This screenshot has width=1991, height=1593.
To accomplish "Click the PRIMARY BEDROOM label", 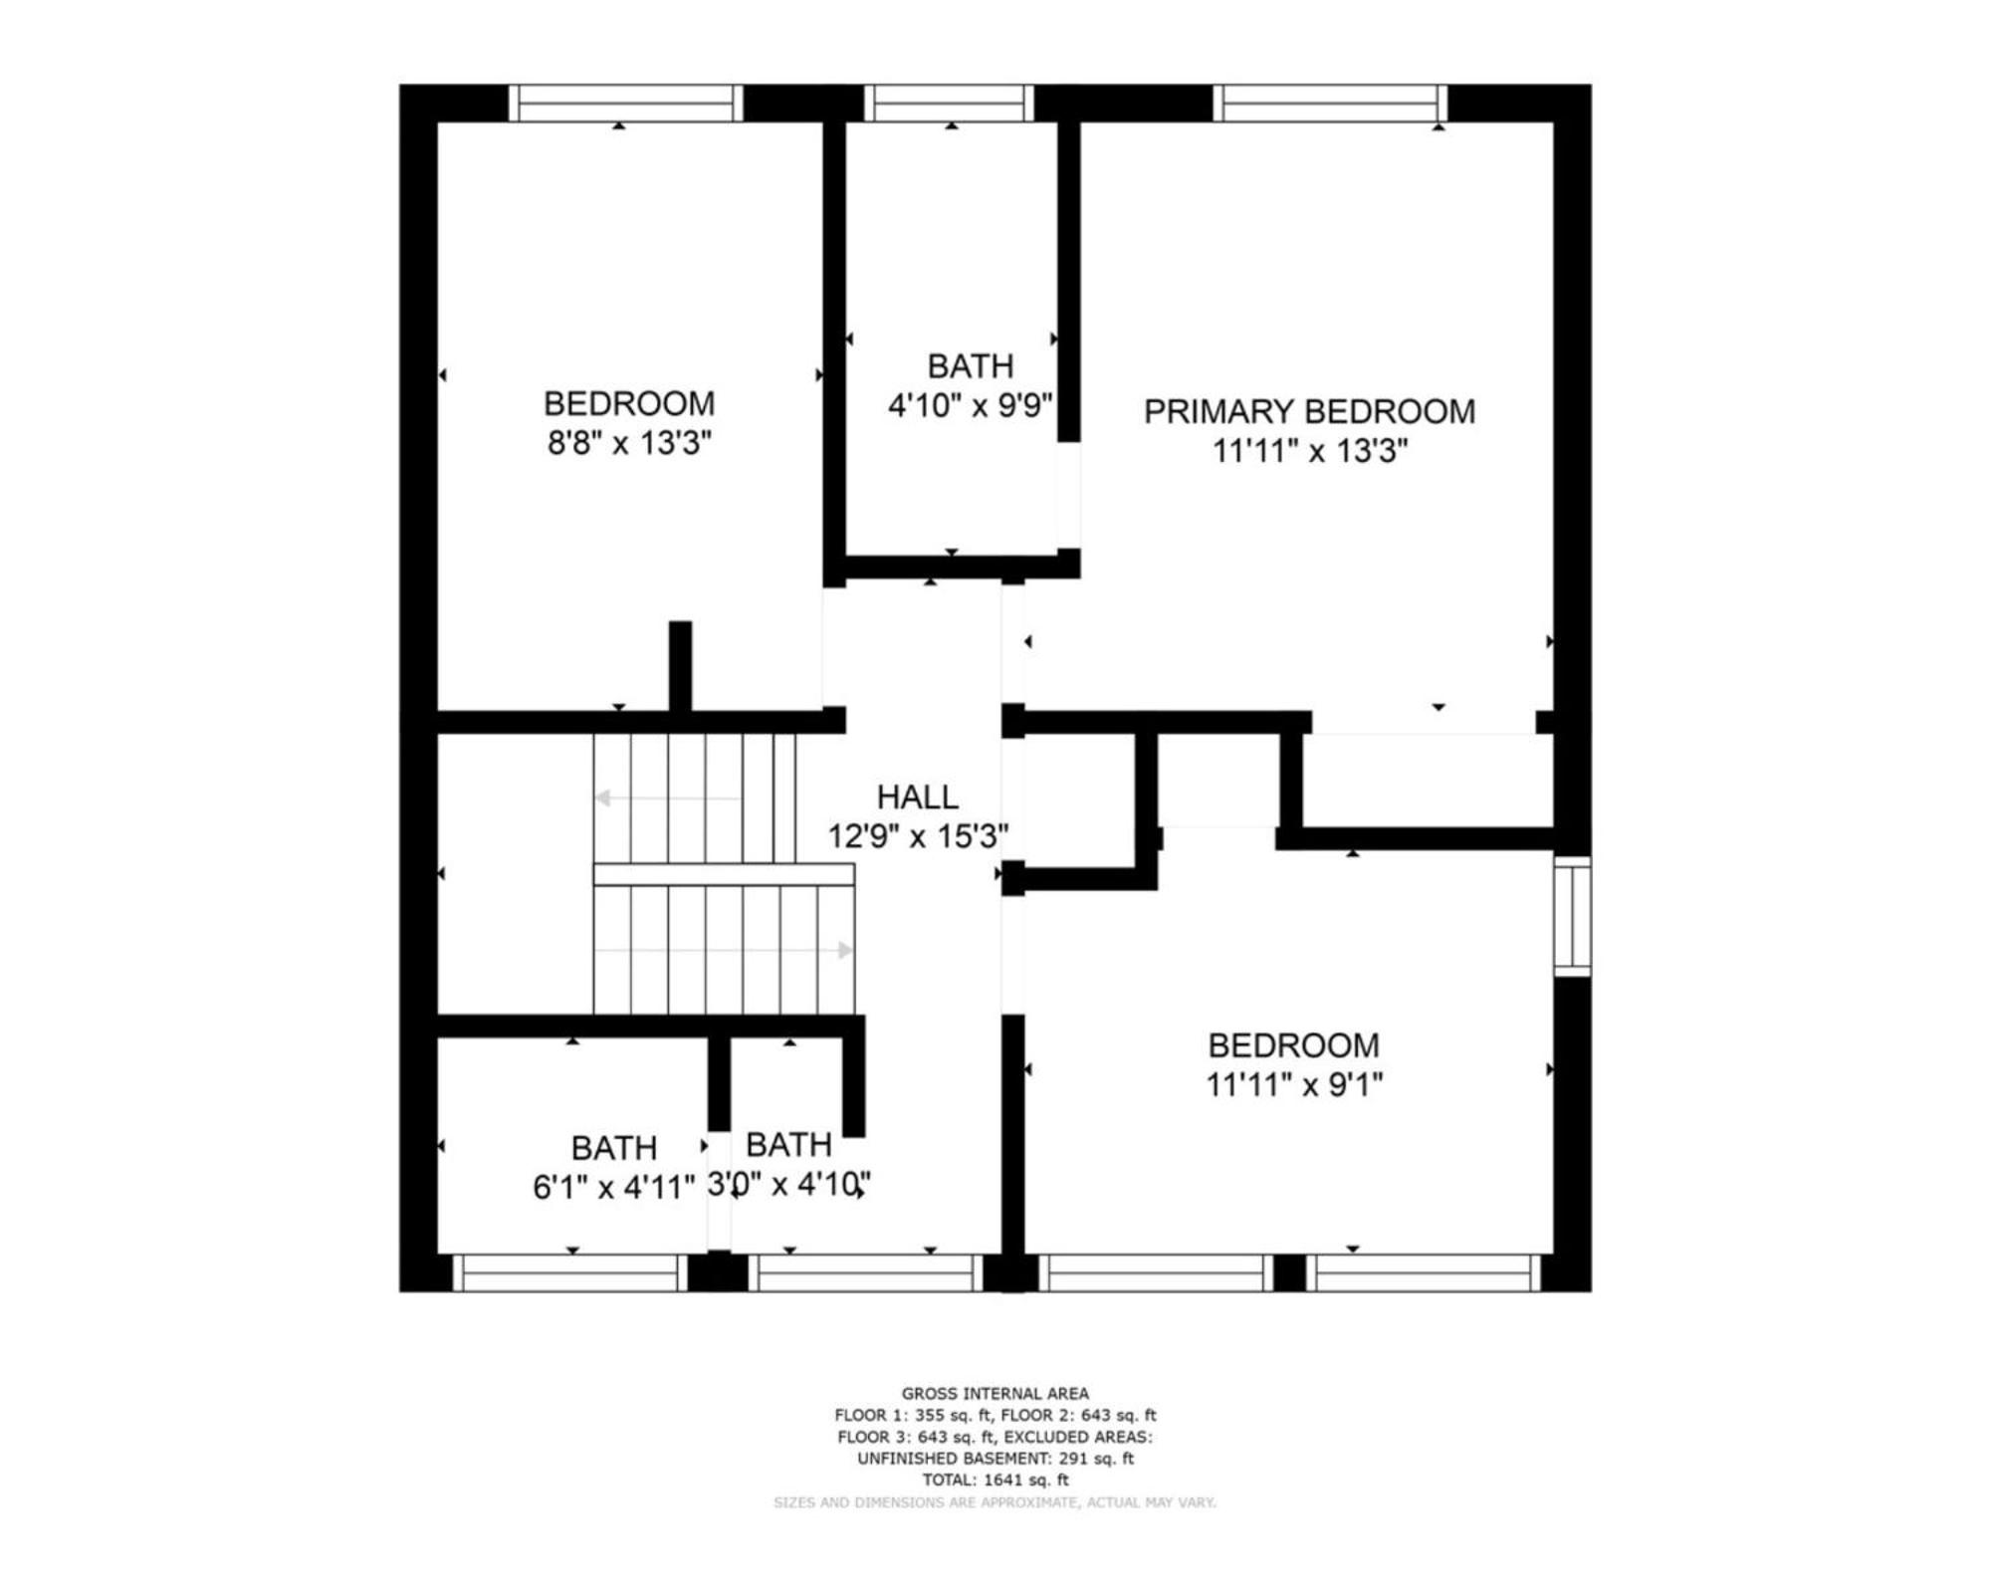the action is pyautogui.click(x=1309, y=411).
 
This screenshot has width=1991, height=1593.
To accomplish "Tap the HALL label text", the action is pyautogui.click(x=918, y=796).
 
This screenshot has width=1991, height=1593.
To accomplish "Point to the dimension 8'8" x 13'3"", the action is pyautogui.click(x=629, y=443).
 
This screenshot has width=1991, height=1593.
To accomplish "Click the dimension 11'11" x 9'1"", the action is pyautogui.click(x=1294, y=1084).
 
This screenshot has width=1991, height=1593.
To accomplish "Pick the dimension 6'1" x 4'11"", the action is pyautogui.click(x=613, y=1187).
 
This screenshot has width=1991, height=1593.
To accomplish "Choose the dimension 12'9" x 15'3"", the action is pyautogui.click(x=918, y=836).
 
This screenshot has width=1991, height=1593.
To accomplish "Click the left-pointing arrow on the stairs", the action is pyautogui.click(x=668, y=798).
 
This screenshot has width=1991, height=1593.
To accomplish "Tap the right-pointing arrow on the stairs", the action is pyautogui.click(x=724, y=950).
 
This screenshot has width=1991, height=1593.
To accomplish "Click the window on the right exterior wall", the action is pyautogui.click(x=1573, y=916).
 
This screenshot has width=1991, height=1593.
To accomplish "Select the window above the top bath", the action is pyautogui.click(x=949, y=104).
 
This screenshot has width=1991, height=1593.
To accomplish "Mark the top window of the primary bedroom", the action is pyautogui.click(x=1330, y=104).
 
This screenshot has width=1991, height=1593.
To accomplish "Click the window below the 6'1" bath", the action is pyautogui.click(x=570, y=1272).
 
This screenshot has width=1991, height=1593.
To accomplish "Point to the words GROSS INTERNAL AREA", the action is pyautogui.click(x=995, y=1394).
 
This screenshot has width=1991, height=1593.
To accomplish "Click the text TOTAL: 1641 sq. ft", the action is pyautogui.click(x=995, y=1480).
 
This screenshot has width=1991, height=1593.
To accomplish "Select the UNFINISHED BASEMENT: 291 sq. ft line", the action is pyautogui.click(x=995, y=1459).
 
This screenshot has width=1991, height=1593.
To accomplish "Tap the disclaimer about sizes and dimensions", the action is pyautogui.click(x=995, y=1502).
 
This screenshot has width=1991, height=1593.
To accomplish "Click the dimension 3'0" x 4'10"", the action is pyautogui.click(x=789, y=1185).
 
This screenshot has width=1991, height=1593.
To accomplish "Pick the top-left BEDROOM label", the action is pyautogui.click(x=629, y=403).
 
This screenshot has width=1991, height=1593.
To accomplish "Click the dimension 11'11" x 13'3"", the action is pyautogui.click(x=1310, y=451).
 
